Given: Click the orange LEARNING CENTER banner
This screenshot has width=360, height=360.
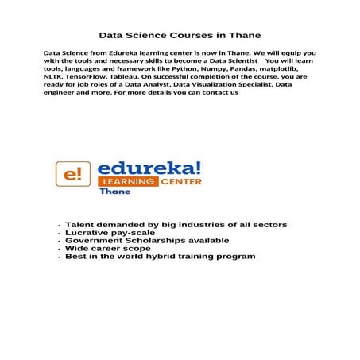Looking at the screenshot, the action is (x=149, y=182).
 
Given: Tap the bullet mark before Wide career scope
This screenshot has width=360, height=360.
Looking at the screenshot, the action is (x=60, y=250).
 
